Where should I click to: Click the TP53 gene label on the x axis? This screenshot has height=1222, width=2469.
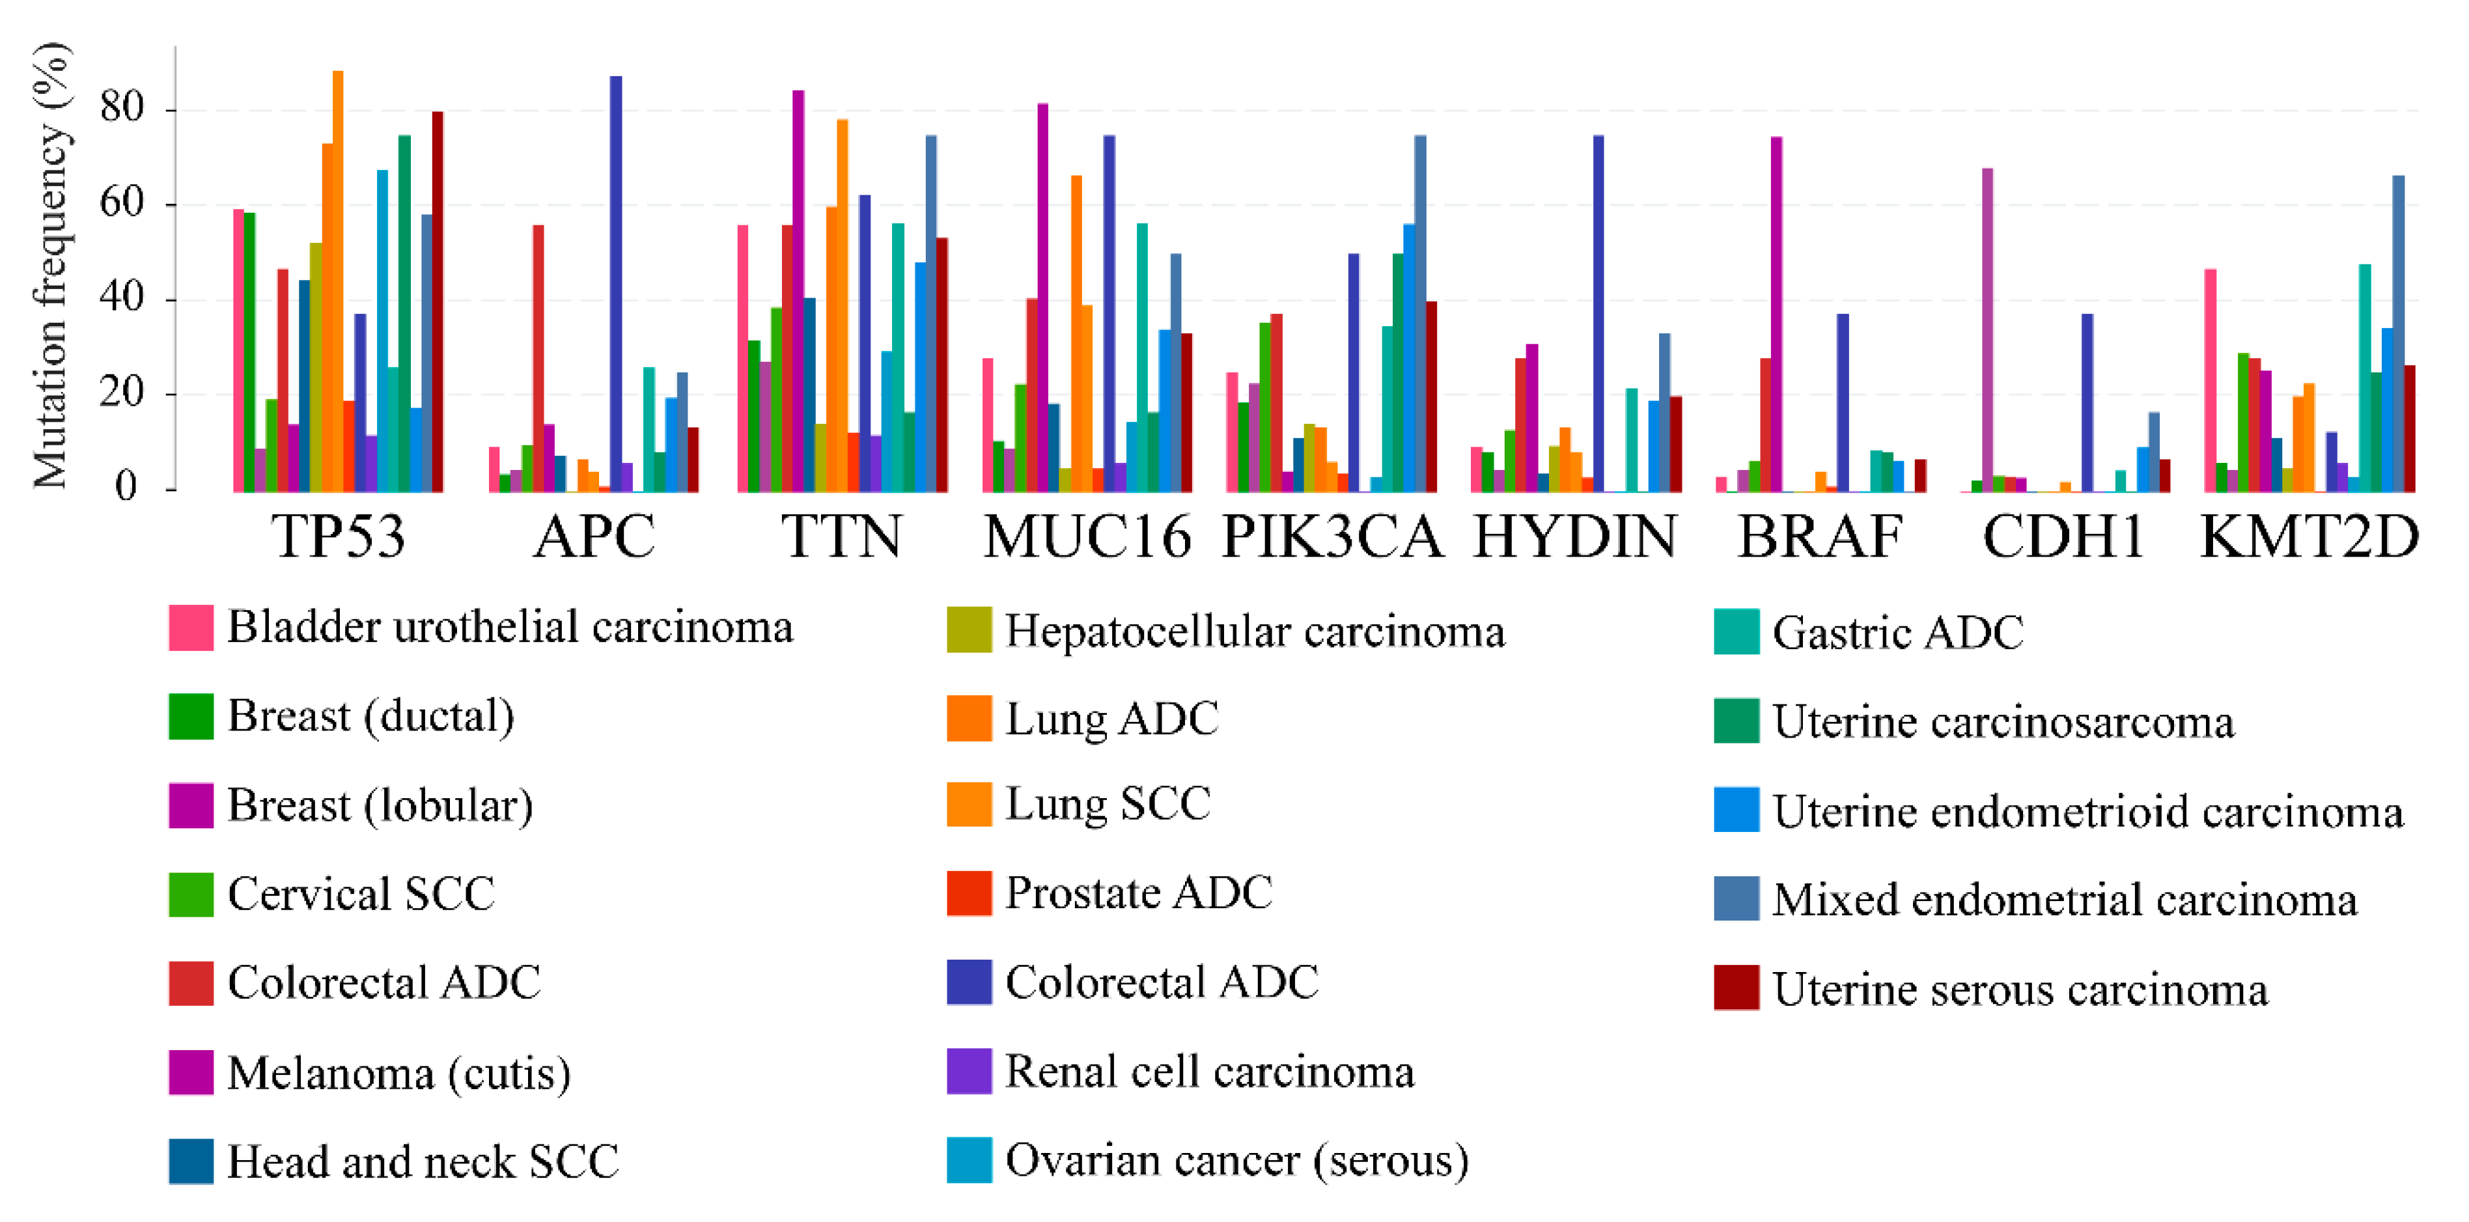coord(339,536)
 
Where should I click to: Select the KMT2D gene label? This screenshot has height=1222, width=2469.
coord(2310,536)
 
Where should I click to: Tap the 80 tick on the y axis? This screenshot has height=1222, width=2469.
coord(122,107)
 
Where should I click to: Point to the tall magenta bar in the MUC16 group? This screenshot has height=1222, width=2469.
coord(1043,297)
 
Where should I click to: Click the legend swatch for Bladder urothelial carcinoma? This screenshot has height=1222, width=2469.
coord(191,628)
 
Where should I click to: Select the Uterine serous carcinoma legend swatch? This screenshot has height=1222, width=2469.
coord(1737,988)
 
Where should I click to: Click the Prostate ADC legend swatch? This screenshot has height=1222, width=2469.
coord(969,893)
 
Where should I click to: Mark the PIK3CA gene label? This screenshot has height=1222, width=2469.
coord(1332,536)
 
